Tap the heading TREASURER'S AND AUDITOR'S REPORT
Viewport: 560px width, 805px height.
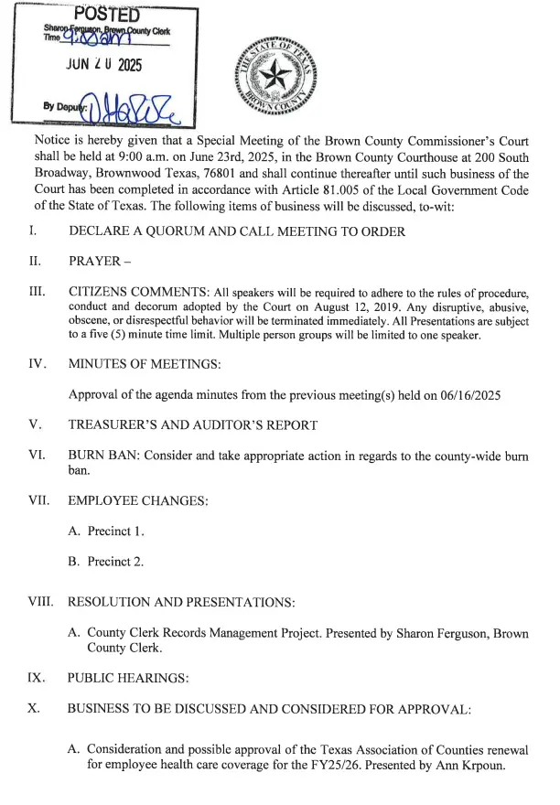(192, 425)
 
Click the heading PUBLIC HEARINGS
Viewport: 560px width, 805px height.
(128, 679)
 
